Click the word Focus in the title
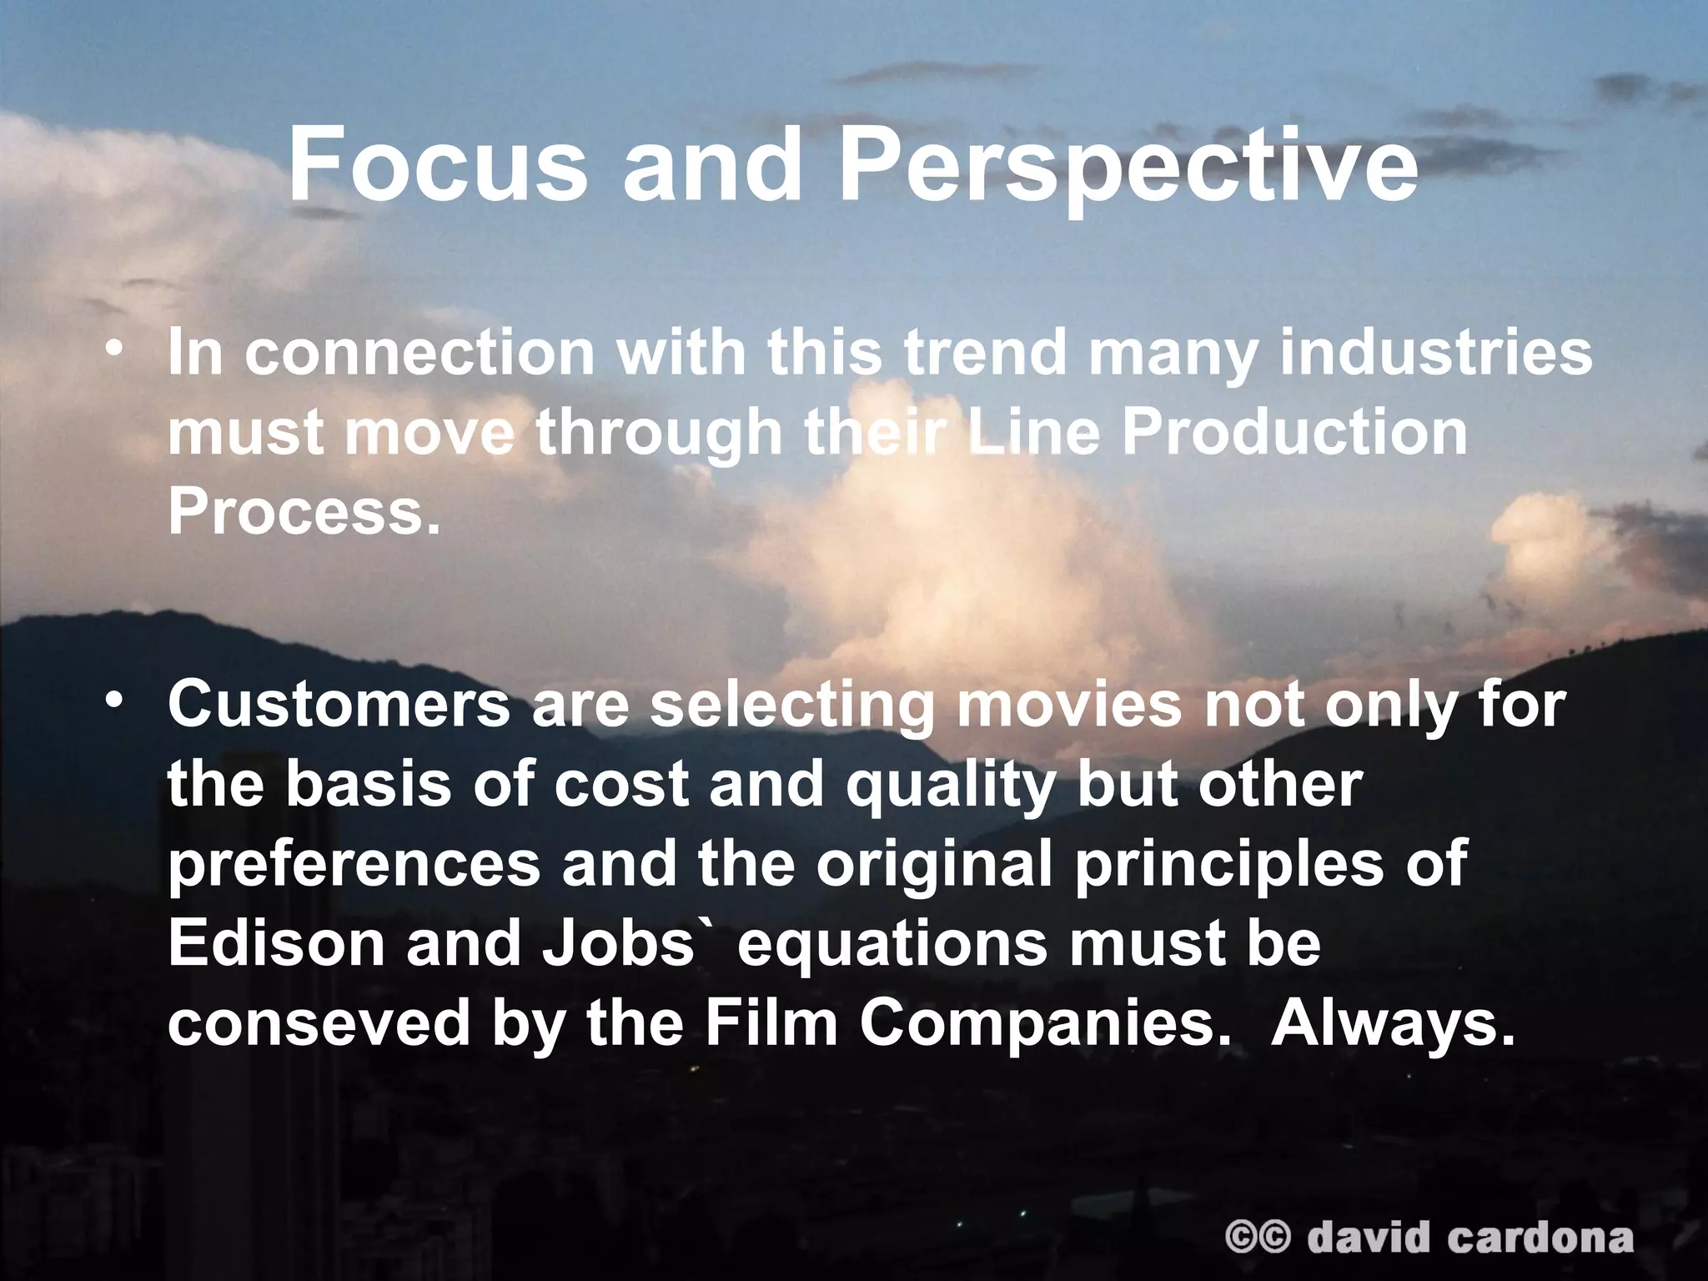click(437, 165)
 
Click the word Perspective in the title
click(1128, 165)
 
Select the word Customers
click(339, 704)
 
